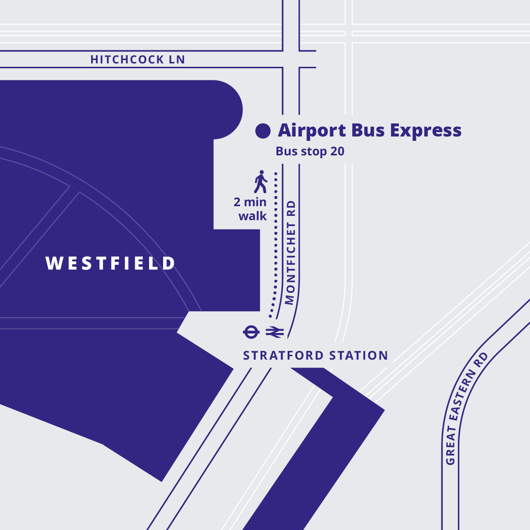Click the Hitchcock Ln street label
(137, 60)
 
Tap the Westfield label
(110, 263)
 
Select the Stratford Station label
(315, 356)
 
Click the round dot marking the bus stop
(263, 131)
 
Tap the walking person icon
(260, 182)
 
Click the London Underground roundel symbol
(251, 332)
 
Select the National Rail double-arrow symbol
(274, 332)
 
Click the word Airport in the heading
(312, 131)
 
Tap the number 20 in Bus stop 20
(337, 151)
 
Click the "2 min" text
(250, 202)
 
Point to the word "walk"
(253, 216)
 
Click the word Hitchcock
(127, 60)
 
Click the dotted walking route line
(276, 242)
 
